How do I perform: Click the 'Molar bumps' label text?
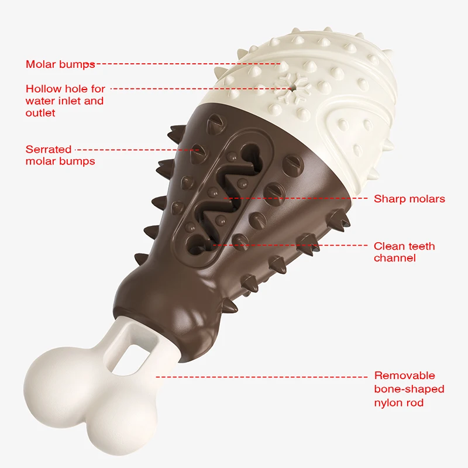60,64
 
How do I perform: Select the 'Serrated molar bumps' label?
60,155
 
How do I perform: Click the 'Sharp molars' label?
409,199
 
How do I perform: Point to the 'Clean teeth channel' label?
404,252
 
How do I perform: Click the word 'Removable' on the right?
405,376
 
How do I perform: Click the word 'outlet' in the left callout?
40,113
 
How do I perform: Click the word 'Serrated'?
49,149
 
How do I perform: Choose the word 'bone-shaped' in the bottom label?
409,389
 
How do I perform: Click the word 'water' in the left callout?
40,101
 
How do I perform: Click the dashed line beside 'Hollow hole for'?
199,89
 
